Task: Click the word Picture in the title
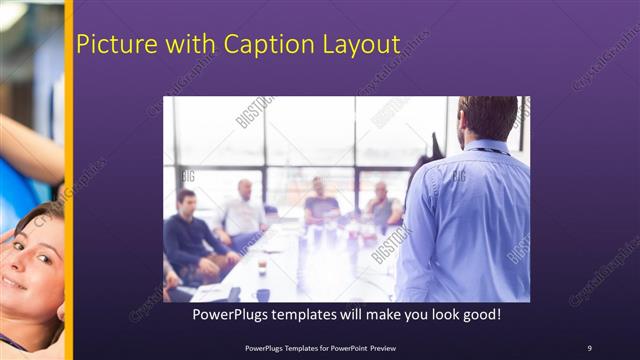[x=112, y=45]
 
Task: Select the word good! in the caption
[x=477, y=314]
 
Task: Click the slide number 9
[x=589, y=347]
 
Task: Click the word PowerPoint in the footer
[x=346, y=347]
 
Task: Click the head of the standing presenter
[x=487, y=118]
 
